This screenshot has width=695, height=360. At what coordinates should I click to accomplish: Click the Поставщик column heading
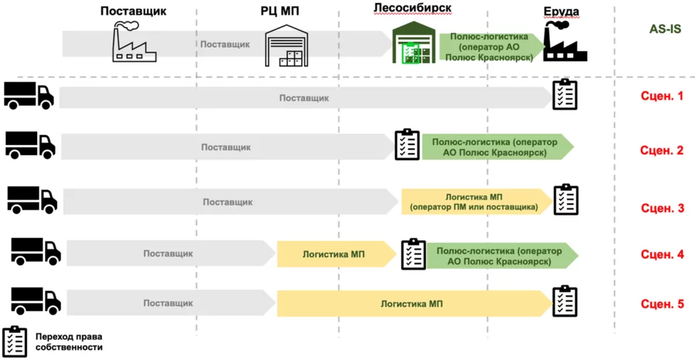click(x=134, y=11)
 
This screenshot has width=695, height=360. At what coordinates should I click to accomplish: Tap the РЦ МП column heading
click(x=280, y=11)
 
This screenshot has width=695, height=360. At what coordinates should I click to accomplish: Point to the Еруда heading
click(x=562, y=12)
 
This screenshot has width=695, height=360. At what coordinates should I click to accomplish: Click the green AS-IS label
click(x=666, y=29)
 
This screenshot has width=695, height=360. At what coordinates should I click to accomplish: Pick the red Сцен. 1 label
click(x=663, y=97)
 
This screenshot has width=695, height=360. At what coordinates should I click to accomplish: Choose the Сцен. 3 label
click(x=663, y=208)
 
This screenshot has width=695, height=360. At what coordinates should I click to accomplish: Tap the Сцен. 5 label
click(x=663, y=304)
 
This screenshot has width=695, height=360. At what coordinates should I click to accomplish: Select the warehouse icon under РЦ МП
click(x=286, y=46)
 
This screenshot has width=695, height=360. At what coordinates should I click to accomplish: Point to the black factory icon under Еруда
click(x=565, y=41)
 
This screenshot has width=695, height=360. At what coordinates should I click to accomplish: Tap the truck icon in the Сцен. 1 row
click(x=29, y=95)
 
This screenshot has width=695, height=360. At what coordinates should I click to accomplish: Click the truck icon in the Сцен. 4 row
click(x=36, y=251)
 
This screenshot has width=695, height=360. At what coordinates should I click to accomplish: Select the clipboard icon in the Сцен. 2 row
click(x=407, y=144)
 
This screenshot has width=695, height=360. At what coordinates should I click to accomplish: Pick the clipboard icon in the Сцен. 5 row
click(x=565, y=301)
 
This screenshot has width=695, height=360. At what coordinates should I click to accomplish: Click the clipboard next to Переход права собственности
click(x=15, y=341)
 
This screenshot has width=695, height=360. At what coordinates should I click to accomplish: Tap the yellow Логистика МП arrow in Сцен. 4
click(x=337, y=254)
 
